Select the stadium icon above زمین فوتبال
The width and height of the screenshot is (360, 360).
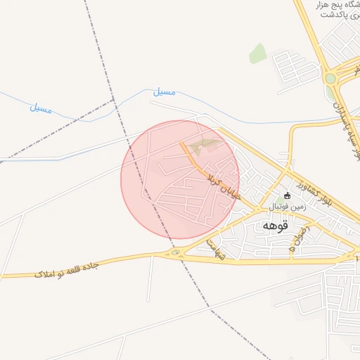point(287,195)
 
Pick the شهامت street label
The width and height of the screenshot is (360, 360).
point(212,247)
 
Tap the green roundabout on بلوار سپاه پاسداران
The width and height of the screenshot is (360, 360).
point(330,79)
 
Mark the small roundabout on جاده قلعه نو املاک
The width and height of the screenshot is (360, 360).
point(175,252)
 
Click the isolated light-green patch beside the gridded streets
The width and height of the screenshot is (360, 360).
point(258,53)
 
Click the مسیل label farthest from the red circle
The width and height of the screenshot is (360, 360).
point(41,108)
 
